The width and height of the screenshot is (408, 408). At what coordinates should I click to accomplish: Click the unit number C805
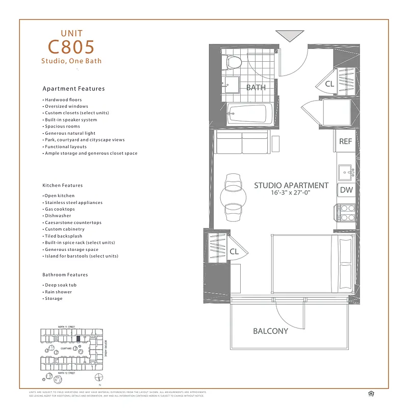(x=71, y=47)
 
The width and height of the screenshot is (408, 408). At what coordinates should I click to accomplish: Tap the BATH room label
(x=256, y=87)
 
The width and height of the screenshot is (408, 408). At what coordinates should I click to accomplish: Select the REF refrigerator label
(x=345, y=141)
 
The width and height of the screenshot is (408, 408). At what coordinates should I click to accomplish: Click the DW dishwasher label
(x=346, y=190)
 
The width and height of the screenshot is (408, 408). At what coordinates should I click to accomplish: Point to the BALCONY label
(x=270, y=331)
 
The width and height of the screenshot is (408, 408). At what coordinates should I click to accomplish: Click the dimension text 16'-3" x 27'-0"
(x=291, y=193)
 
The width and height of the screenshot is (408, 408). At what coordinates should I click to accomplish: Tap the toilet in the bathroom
(x=234, y=63)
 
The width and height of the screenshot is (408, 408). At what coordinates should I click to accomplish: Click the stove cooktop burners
(x=344, y=213)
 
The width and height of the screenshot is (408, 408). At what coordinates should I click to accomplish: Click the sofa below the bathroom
(x=241, y=143)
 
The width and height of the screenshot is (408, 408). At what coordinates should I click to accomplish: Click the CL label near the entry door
(x=329, y=84)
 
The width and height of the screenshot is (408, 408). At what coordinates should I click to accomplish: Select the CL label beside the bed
(x=234, y=251)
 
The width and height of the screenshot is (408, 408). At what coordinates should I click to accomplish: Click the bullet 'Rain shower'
(x=58, y=292)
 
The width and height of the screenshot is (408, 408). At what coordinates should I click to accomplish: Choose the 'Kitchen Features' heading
(x=62, y=185)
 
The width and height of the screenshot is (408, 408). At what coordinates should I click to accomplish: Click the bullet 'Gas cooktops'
(x=60, y=209)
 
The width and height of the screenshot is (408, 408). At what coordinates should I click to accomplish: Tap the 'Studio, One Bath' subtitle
(x=71, y=61)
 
